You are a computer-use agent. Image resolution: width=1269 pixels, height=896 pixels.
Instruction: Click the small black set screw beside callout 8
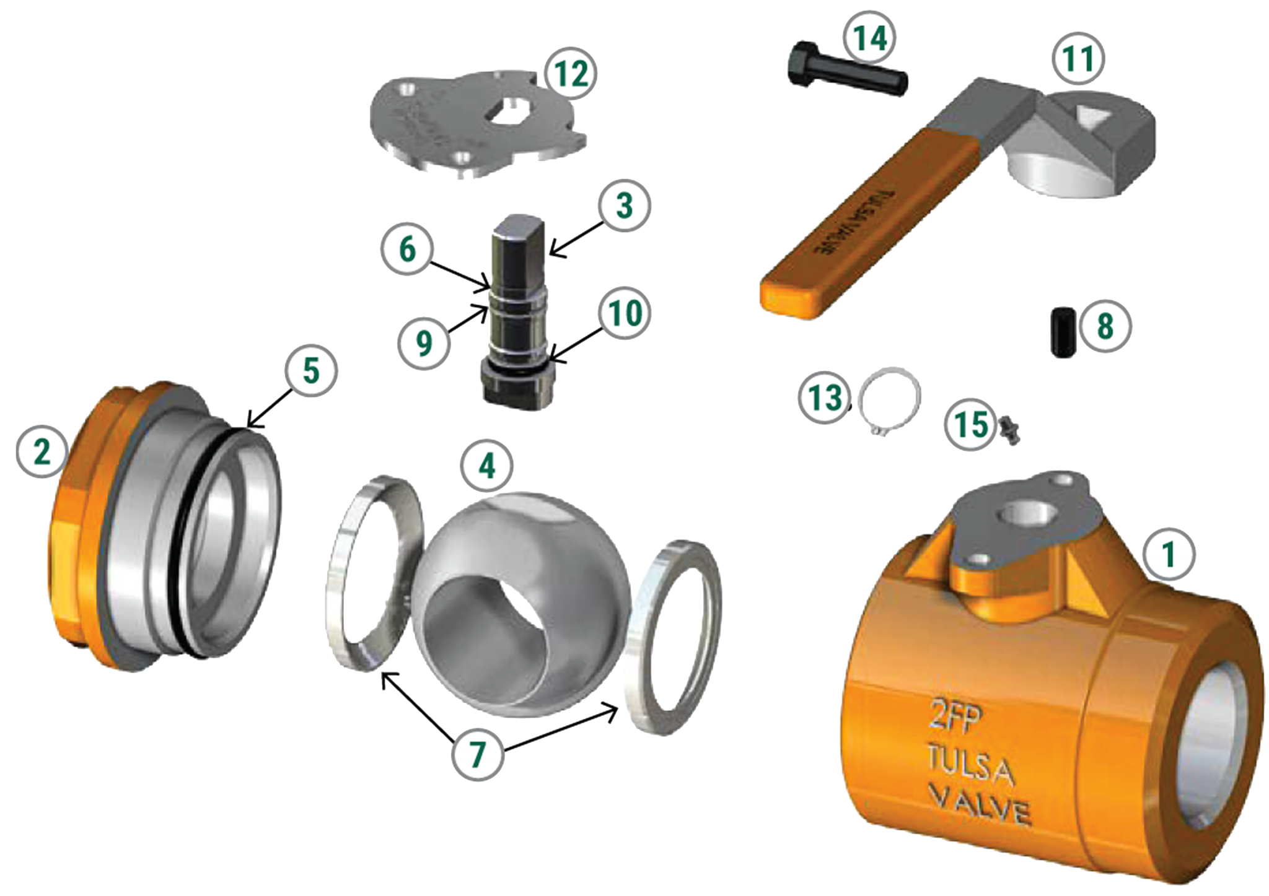point(1064,333)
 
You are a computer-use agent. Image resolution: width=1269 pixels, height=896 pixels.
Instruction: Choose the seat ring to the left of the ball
point(372,573)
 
